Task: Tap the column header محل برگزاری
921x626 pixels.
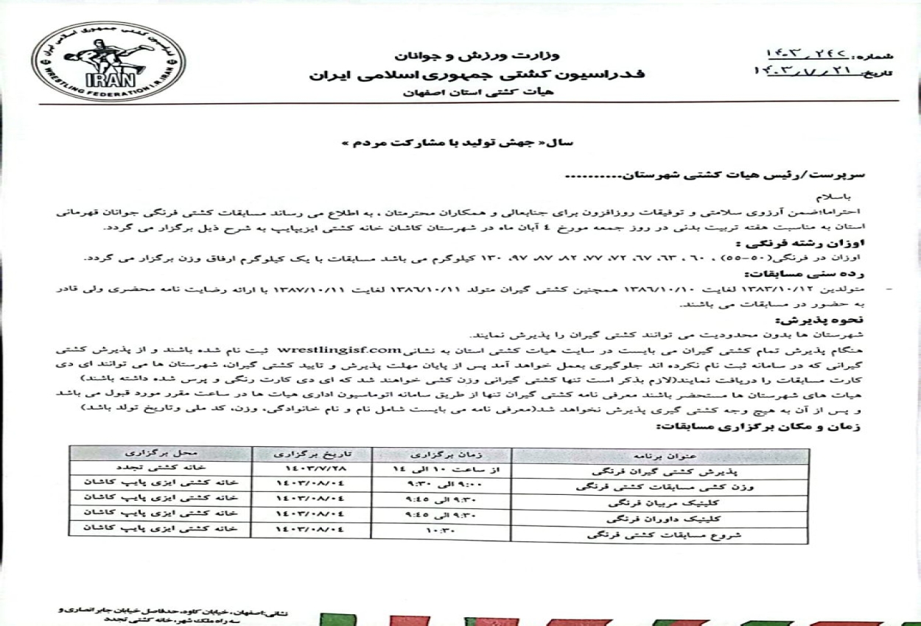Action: tap(159, 451)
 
